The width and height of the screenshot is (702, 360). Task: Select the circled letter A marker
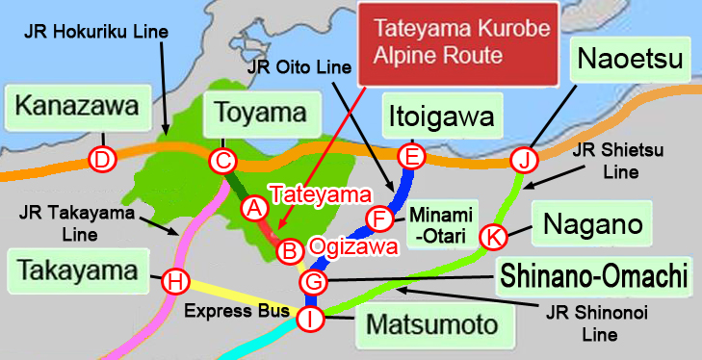(253, 207)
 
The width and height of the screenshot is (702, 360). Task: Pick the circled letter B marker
(287, 252)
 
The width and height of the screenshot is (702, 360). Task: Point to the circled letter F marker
(380, 219)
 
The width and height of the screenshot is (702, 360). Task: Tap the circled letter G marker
(314, 283)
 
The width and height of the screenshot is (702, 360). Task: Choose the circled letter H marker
(174, 282)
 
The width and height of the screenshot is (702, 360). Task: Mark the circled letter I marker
(310, 320)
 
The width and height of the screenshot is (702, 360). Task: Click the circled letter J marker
(522, 159)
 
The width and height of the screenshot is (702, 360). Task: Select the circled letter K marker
(493, 235)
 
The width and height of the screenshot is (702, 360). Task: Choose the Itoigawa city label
(444, 117)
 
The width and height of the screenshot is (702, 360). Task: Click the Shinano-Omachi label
(594, 279)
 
